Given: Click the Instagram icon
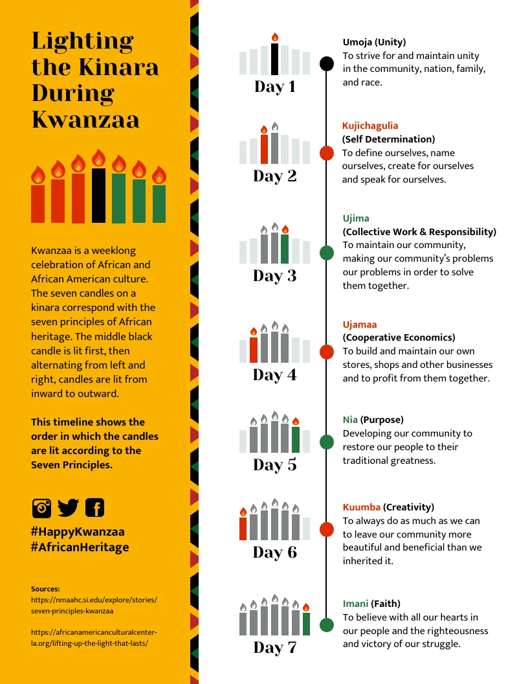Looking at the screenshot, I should coord(41,508).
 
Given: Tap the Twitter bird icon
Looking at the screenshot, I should coord(68,508).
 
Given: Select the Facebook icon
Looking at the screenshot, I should coord(94,508).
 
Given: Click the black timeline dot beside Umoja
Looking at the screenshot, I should coord(327,63).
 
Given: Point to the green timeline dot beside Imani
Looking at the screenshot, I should coord(327,625).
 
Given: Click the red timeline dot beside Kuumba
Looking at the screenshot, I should coord(327,530).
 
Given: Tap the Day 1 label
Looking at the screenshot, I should coord(275,87).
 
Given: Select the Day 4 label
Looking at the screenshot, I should coord(275,375).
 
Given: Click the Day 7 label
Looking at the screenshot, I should coord(275,647).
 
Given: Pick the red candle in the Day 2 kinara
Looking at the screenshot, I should coord(264,149).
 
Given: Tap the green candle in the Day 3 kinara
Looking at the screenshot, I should coord(285,249).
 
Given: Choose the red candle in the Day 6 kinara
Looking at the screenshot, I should coord(243,528).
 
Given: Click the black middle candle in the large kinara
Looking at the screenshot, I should coord(98,195).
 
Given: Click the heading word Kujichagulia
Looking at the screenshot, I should coord(370,126).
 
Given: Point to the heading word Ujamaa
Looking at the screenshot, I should coord(360,325).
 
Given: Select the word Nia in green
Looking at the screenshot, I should coord(350,420).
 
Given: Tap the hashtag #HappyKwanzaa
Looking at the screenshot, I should coord(78,532).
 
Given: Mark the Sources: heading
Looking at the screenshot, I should coord(45,589).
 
